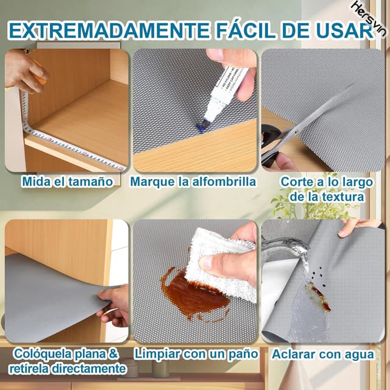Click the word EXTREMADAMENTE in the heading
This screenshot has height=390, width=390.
[x=108, y=30]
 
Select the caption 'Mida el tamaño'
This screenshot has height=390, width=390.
[x=67, y=182]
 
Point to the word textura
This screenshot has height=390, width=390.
[x=343, y=197]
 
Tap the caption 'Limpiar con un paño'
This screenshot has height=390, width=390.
[x=196, y=354]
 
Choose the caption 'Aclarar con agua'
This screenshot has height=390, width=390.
[x=323, y=355]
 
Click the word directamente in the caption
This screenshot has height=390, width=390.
[x=88, y=369]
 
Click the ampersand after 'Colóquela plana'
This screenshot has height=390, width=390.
[x=113, y=353]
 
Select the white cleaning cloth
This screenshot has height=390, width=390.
[x=221, y=264]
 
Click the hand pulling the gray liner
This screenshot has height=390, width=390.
[x=114, y=305]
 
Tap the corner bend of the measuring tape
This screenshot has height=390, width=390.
[x=27, y=129]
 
